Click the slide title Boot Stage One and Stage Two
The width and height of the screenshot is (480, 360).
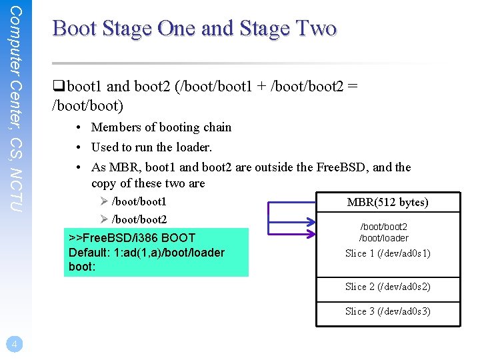[194, 28]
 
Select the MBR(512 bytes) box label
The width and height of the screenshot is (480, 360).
[387, 202]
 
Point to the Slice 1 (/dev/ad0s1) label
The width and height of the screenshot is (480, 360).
[387, 253]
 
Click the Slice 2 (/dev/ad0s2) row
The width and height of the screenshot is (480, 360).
[387, 287]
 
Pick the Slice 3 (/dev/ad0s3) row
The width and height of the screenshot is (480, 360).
[387, 311]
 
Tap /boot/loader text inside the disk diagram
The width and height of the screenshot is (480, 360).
[384, 238]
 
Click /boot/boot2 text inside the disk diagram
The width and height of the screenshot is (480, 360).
[384, 227]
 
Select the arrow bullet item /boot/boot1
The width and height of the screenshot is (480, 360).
[139, 201]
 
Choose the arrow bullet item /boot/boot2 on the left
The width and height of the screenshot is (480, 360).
[139, 219]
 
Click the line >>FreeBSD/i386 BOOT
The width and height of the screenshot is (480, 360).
[132, 238]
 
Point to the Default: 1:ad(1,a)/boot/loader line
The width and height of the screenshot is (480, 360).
[147, 252]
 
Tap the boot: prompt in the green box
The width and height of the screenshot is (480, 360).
[82, 266]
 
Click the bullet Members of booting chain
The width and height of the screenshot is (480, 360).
[161, 127]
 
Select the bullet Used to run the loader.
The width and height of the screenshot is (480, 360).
[151, 147]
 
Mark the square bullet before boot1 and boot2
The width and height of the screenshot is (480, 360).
[57, 86]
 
